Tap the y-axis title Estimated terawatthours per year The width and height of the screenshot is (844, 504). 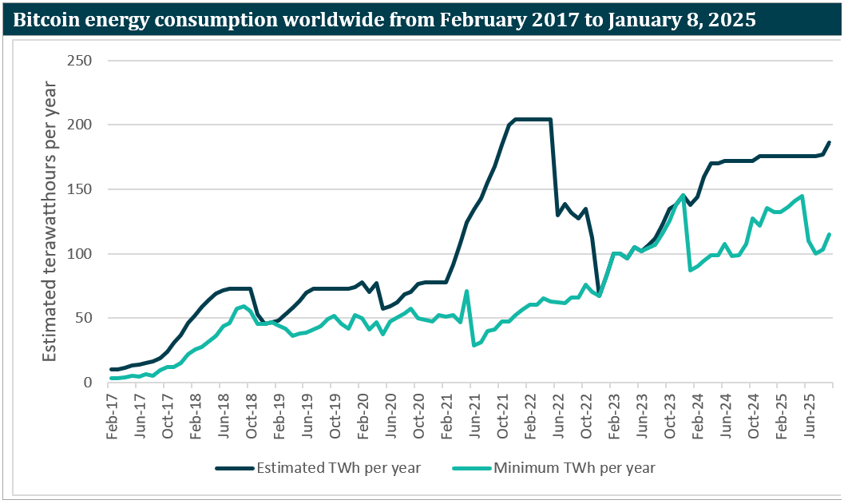tap(50, 221)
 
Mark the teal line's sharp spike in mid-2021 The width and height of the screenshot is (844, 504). tap(466, 292)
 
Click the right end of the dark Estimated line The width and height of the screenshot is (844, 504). tap(830, 142)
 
